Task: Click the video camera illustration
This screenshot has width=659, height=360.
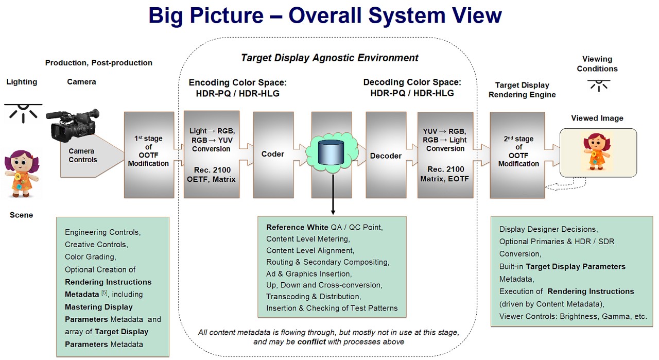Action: coord(72,125)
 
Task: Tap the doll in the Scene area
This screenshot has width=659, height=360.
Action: coord(22,174)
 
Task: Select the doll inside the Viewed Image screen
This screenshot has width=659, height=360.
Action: coord(597,151)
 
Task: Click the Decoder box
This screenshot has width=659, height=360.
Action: coord(386,156)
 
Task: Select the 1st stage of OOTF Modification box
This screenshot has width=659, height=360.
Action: coord(148,155)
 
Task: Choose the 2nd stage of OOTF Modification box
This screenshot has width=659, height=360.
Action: coord(518,155)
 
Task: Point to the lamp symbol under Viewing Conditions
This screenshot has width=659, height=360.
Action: coord(598,85)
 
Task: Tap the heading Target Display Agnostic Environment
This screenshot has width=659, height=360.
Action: coord(329,58)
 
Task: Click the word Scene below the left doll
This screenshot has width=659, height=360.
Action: coord(21,215)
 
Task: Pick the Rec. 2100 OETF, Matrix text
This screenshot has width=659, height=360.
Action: coord(211,174)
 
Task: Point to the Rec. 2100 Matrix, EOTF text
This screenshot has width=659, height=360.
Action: coord(445,174)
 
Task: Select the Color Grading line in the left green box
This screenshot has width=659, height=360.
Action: coord(90,257)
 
